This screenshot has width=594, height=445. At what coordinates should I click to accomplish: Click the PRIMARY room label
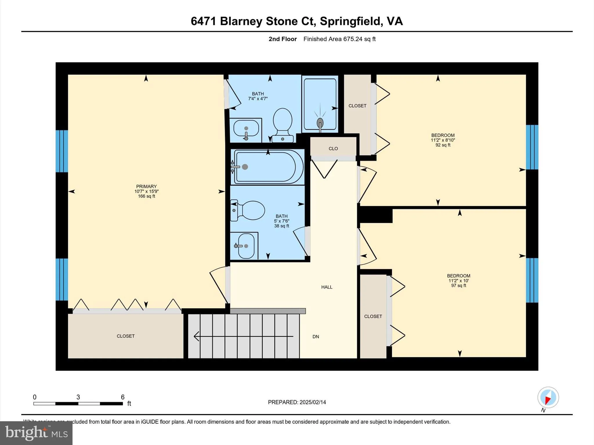click(x=146, y=186)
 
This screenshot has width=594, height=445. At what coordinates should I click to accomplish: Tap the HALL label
click(x=327, y=287)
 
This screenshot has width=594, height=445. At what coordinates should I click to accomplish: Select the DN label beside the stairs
click(x=316, y=337)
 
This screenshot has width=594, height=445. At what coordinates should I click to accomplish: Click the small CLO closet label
click(x=333, y=149)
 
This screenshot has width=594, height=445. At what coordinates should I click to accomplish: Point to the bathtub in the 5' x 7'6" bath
click(x=268, y=167)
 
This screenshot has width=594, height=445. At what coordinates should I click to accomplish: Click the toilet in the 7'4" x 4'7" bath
click(x=282, y=123)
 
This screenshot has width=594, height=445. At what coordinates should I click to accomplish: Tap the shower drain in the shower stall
click(x=320, y=122)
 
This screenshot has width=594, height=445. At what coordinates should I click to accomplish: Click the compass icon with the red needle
click(x=548, y=397)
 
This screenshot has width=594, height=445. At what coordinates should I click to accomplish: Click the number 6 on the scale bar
click(x=123, y=397)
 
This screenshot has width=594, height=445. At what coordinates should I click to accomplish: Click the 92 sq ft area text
click(x=443, y=145)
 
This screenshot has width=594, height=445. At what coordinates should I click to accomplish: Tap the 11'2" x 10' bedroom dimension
click(x=459, y=281)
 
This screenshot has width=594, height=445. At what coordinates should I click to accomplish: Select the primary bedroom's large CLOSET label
click(x=126, y=336)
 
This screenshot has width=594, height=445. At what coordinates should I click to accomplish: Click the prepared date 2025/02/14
click(x=313, y=402)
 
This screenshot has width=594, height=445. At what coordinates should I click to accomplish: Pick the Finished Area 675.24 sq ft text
click(x=339, y=39)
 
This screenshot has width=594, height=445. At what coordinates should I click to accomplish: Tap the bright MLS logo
click(x=36, y=433)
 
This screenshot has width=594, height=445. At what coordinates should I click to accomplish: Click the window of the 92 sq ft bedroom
click(x=532, y=147)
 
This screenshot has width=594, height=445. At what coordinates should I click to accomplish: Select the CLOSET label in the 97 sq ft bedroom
click(x=373, y=316)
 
